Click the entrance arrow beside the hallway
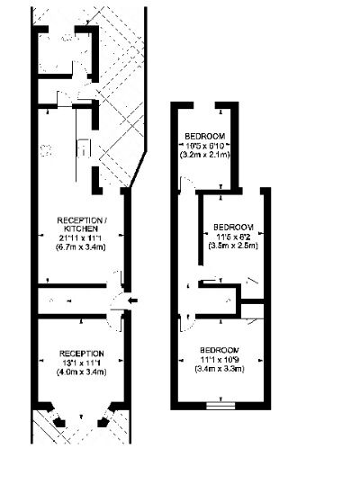(132, 300)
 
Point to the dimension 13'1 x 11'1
(82, 363)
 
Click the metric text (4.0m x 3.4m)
(82, 372)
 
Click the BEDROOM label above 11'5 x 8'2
(233, 227)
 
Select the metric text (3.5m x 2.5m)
(233, 244)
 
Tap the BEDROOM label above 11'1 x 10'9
(220, 350)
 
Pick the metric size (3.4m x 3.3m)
(220, 367)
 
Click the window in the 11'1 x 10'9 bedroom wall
(220, 406)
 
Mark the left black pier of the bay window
(58, 421)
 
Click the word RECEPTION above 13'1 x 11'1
(82, 354)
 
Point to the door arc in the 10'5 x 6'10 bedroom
(185, 184)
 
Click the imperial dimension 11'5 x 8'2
(233, 236)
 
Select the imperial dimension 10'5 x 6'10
(205, 145)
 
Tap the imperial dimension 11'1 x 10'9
(220, 359)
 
